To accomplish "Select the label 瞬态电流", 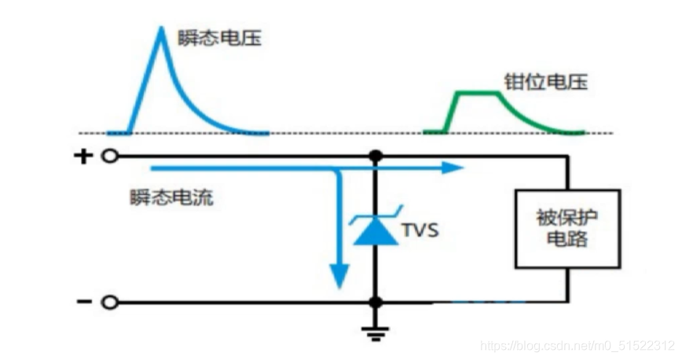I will [x=171, y=197].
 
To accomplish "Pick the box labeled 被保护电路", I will [x=566, y=228].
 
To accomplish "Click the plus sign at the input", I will [x=83, y=156].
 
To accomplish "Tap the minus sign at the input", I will [x=83, y=302].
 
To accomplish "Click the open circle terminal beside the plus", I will [x=111, y=156].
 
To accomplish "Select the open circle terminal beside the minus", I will [x=111, y=302].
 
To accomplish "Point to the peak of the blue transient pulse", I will [x=161, y=30].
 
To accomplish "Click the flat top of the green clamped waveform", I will [x=477, y=94].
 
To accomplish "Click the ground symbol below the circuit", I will [x=376, y=333].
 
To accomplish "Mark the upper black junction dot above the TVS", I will [x=376, y=156].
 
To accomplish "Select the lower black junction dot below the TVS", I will [x=376, y=302].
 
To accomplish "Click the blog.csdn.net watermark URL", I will [x=577, y=345].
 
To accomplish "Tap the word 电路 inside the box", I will [x=566, y=240].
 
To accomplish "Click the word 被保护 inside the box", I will [x=566, y=216].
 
